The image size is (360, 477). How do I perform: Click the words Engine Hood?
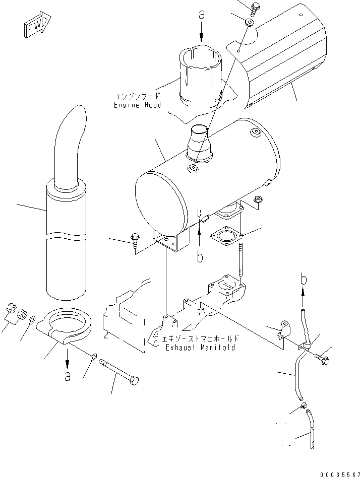coord(137,101)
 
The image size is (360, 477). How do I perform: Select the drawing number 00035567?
coord(338,473)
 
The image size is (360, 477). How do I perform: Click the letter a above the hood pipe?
coord(202,16)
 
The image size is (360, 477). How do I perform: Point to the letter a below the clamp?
coord(67,376)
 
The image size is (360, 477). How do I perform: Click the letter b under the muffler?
coord(200,257)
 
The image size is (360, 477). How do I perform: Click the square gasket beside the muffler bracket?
coord(226,236)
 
